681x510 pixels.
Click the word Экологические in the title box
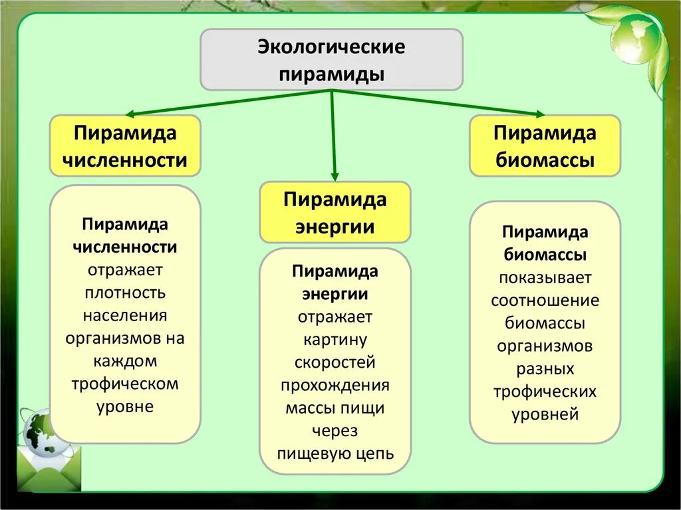coord(331,48)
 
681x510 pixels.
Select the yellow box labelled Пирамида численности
coord(125,146)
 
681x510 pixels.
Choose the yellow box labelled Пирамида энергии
coord(335,212)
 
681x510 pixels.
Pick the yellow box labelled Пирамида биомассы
coord(545,146)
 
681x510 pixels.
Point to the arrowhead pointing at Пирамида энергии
coord(335,176)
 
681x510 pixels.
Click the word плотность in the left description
coord(125,293)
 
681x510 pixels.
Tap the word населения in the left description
coord(125,316)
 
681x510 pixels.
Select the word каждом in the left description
coord(125,361)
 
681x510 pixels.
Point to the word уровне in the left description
coord(125,407)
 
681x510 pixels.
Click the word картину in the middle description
coord(335,340)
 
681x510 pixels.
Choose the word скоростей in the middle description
coord(335,362)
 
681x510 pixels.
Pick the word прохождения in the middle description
coord(335,386)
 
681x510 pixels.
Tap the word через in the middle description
coord(335,431)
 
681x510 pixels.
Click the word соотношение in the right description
coord(545,301)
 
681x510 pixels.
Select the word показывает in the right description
coord(545,278)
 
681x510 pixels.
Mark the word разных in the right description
coord(545,368)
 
